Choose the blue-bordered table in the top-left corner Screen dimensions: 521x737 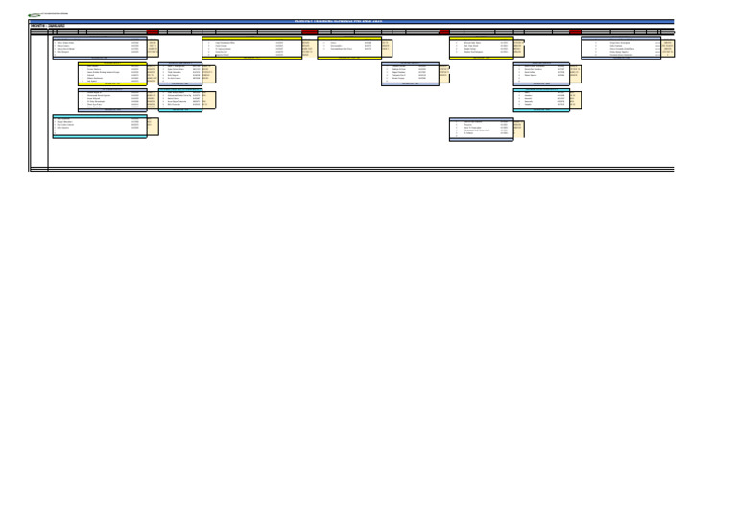click(x=100, y=49)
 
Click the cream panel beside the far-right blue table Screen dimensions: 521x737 click(x=667, y=47)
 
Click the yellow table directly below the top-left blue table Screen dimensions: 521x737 click(x=111, y=75)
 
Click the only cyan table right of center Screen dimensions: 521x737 click(x=544, y=101)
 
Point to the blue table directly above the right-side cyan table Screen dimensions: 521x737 click(x=544, y=74)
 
